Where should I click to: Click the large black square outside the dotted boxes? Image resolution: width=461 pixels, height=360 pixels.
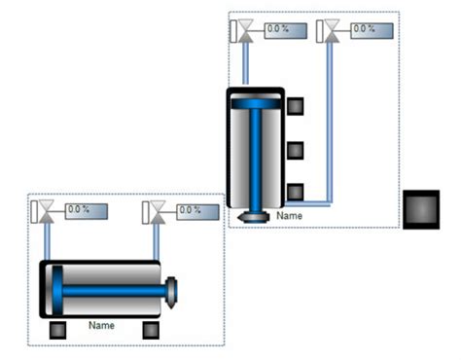click(421, 209)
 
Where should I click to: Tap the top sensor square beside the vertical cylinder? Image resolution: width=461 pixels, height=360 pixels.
click(296, 106)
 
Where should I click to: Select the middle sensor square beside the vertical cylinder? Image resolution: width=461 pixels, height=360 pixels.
click(296, 151)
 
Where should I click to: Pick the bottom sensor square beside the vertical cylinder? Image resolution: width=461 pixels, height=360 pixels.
click(296, 192)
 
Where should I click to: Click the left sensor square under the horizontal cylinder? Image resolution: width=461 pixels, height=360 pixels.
click(57, 330)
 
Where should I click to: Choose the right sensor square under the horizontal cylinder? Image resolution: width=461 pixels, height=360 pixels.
click(151, 330)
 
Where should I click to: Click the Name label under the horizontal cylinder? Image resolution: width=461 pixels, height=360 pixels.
click(101, 325)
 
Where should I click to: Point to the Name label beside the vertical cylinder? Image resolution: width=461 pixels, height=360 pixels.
click(289, 216)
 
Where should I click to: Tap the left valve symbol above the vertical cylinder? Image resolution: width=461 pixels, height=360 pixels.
click(245, 31)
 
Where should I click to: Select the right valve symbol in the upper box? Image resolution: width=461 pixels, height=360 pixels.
click(332, 31)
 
